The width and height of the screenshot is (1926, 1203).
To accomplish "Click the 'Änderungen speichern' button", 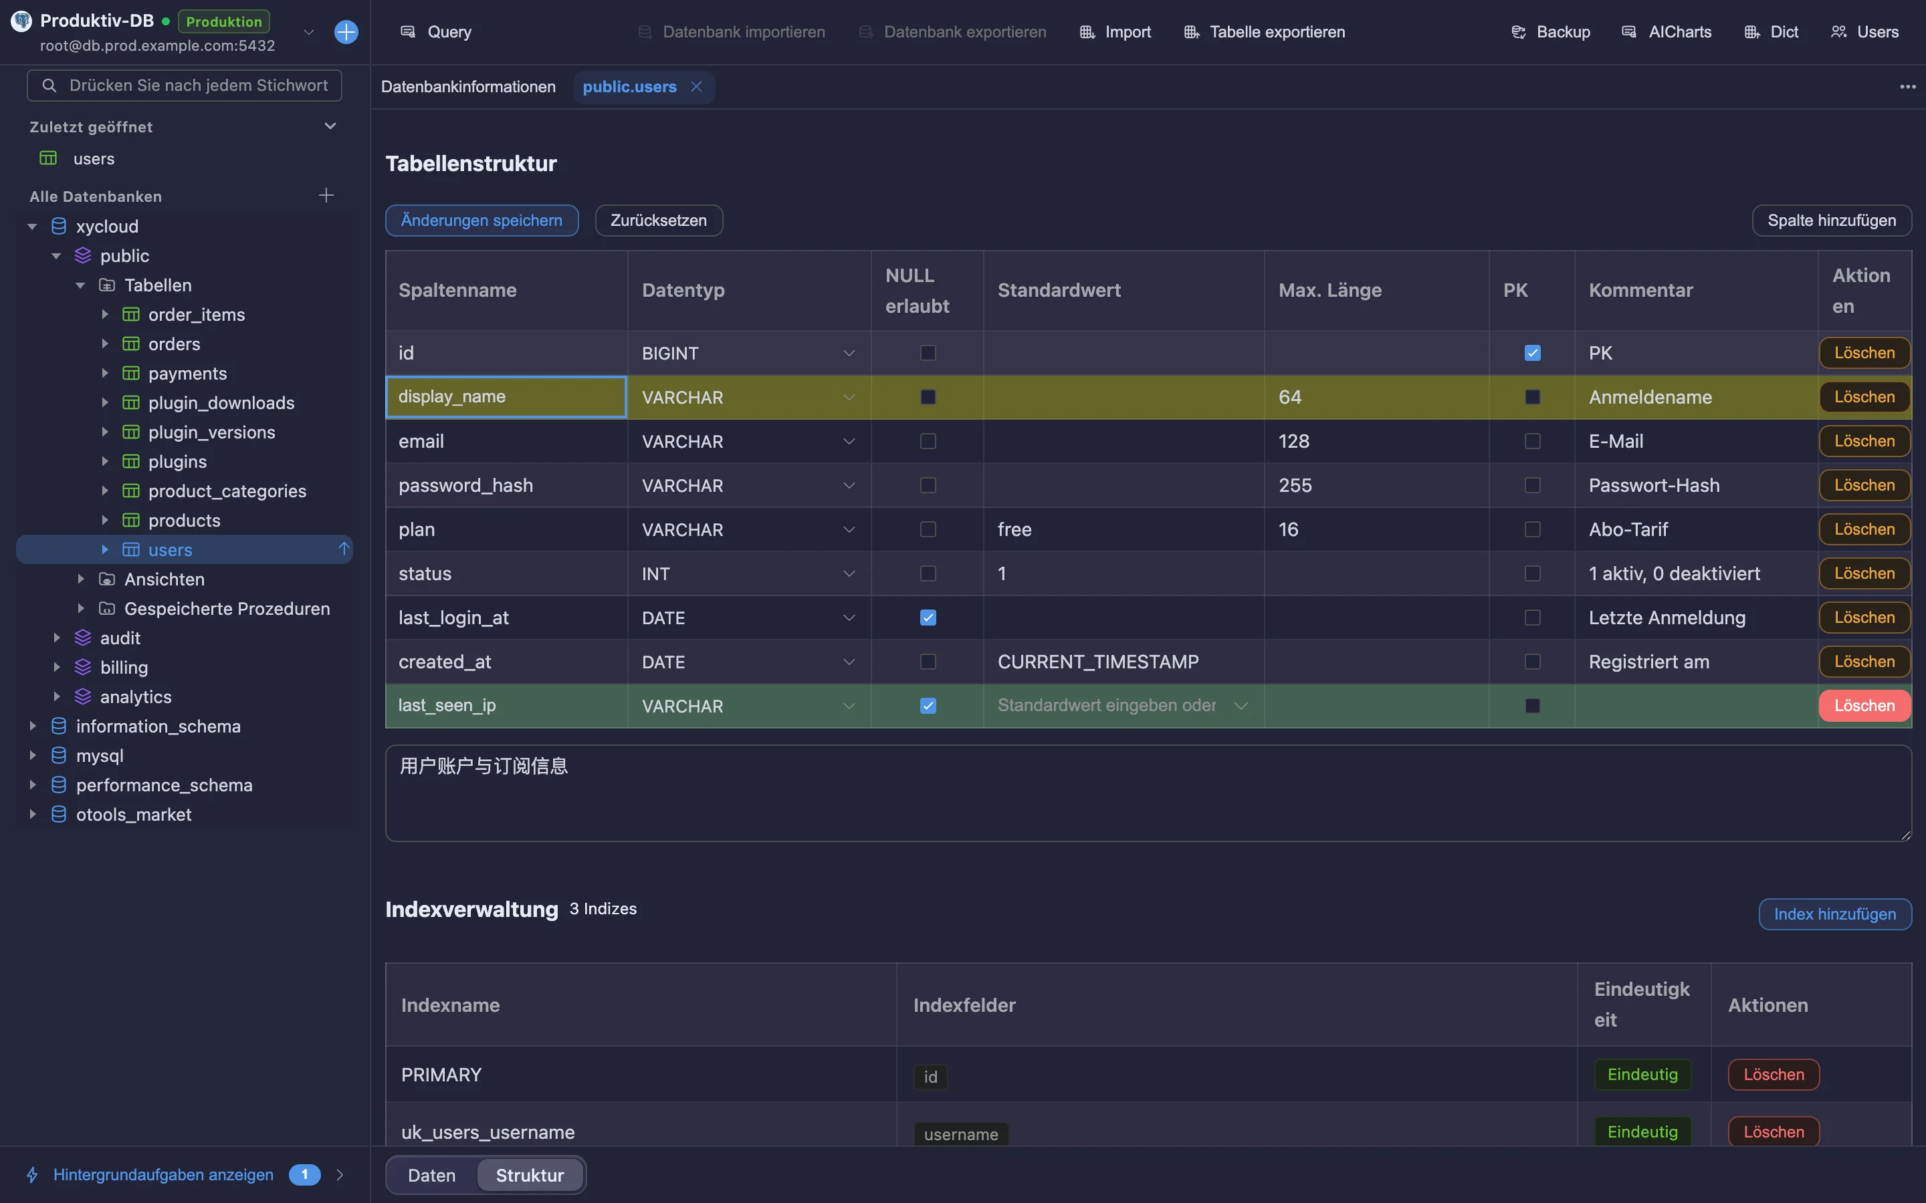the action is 481,221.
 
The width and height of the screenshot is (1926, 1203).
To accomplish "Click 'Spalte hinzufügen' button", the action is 1831,221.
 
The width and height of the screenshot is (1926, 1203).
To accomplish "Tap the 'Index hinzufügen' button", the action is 1834,914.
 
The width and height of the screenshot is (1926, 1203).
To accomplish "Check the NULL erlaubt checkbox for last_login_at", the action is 928,618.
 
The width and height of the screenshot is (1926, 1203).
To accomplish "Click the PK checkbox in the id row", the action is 1532,352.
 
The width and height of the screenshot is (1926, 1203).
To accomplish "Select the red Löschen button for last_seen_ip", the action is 1864,706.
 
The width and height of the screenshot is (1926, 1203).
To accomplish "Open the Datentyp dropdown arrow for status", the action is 849,573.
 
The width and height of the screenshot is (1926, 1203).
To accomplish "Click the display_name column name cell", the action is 506,397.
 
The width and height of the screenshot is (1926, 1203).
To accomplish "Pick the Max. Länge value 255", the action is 1295,485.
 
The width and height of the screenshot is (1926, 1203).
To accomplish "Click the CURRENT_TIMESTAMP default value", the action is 1097,662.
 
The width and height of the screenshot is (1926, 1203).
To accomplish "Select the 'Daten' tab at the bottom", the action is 431,1175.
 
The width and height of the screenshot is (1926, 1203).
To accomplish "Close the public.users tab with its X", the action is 696,86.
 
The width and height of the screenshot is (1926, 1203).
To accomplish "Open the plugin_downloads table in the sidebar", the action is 221,402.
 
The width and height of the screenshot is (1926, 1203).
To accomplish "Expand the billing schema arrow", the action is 56,668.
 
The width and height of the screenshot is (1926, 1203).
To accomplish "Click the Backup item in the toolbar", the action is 1550,32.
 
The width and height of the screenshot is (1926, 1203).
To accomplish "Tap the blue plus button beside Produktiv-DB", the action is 346,32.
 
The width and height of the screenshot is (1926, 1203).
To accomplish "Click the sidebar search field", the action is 185,85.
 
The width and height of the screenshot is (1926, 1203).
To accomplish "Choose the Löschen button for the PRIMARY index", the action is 1774,1074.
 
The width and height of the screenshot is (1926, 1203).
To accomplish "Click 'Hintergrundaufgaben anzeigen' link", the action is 163,1174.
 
